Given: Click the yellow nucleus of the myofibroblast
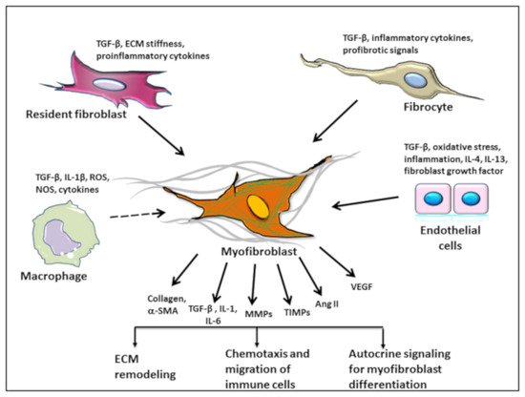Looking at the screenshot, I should pyautogui.click(x=259, y=209).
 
